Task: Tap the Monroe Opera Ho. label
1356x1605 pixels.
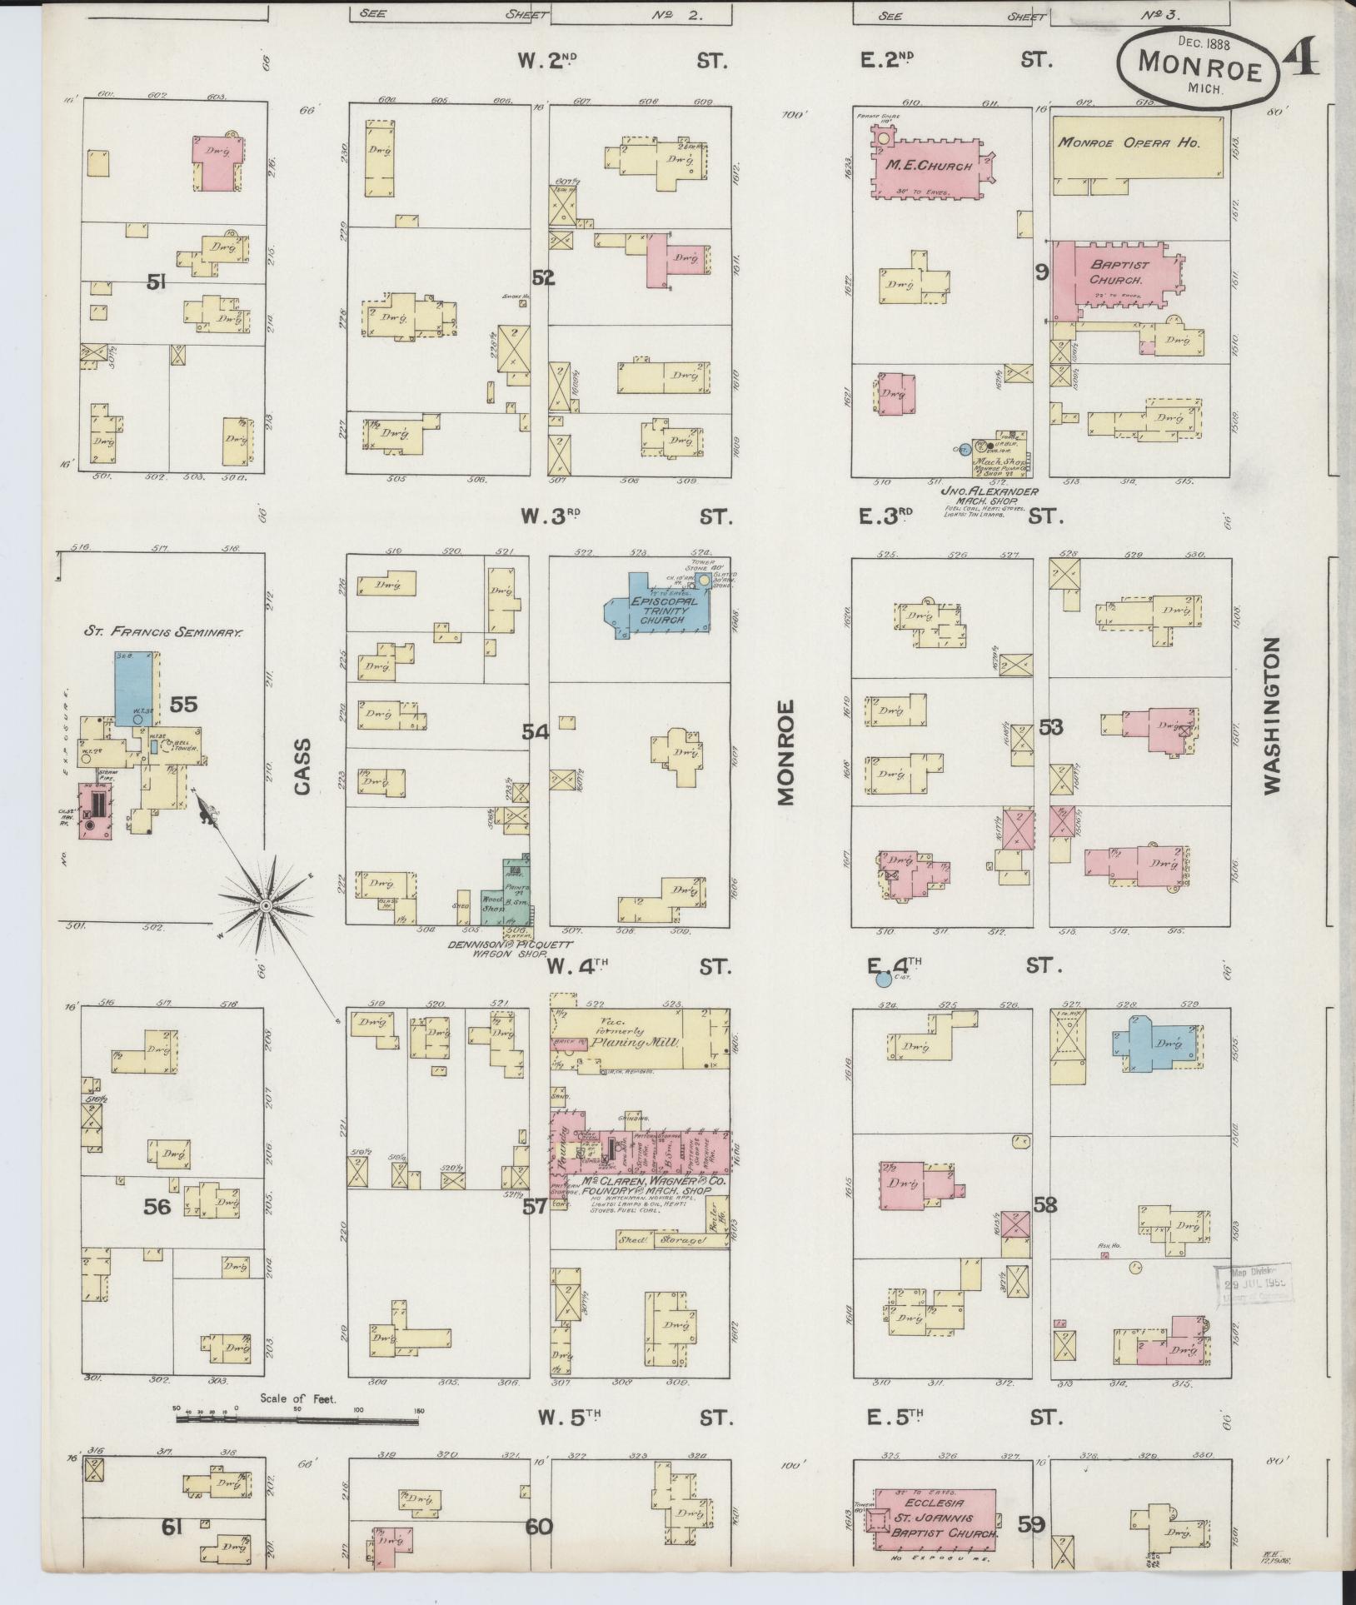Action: tap(1128, 142)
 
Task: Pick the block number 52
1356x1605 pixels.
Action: tap(543, 278)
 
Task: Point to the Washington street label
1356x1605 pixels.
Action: tap(1270, 715)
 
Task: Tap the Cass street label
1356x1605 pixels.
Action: tap(301, 766)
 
